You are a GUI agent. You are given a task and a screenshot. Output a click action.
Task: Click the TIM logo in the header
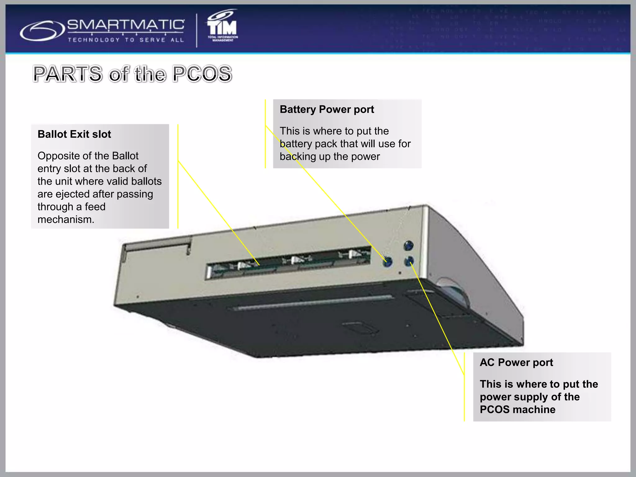222,27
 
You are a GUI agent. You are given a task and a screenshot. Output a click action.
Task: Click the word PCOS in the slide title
202,74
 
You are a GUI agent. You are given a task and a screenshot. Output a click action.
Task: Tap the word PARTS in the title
68,74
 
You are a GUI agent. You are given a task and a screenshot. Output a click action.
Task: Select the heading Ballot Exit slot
74,134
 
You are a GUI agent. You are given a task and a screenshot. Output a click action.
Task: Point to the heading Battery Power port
327,109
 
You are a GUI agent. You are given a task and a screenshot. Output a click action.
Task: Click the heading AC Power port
516,362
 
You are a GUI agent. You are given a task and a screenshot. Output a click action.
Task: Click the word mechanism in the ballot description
66,220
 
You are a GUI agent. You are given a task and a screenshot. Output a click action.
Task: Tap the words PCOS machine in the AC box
517,410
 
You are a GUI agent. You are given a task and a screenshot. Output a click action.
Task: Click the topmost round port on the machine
408,246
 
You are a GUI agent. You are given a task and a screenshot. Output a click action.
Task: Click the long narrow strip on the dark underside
312,302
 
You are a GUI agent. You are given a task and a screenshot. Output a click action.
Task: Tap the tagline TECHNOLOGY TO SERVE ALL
126,40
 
